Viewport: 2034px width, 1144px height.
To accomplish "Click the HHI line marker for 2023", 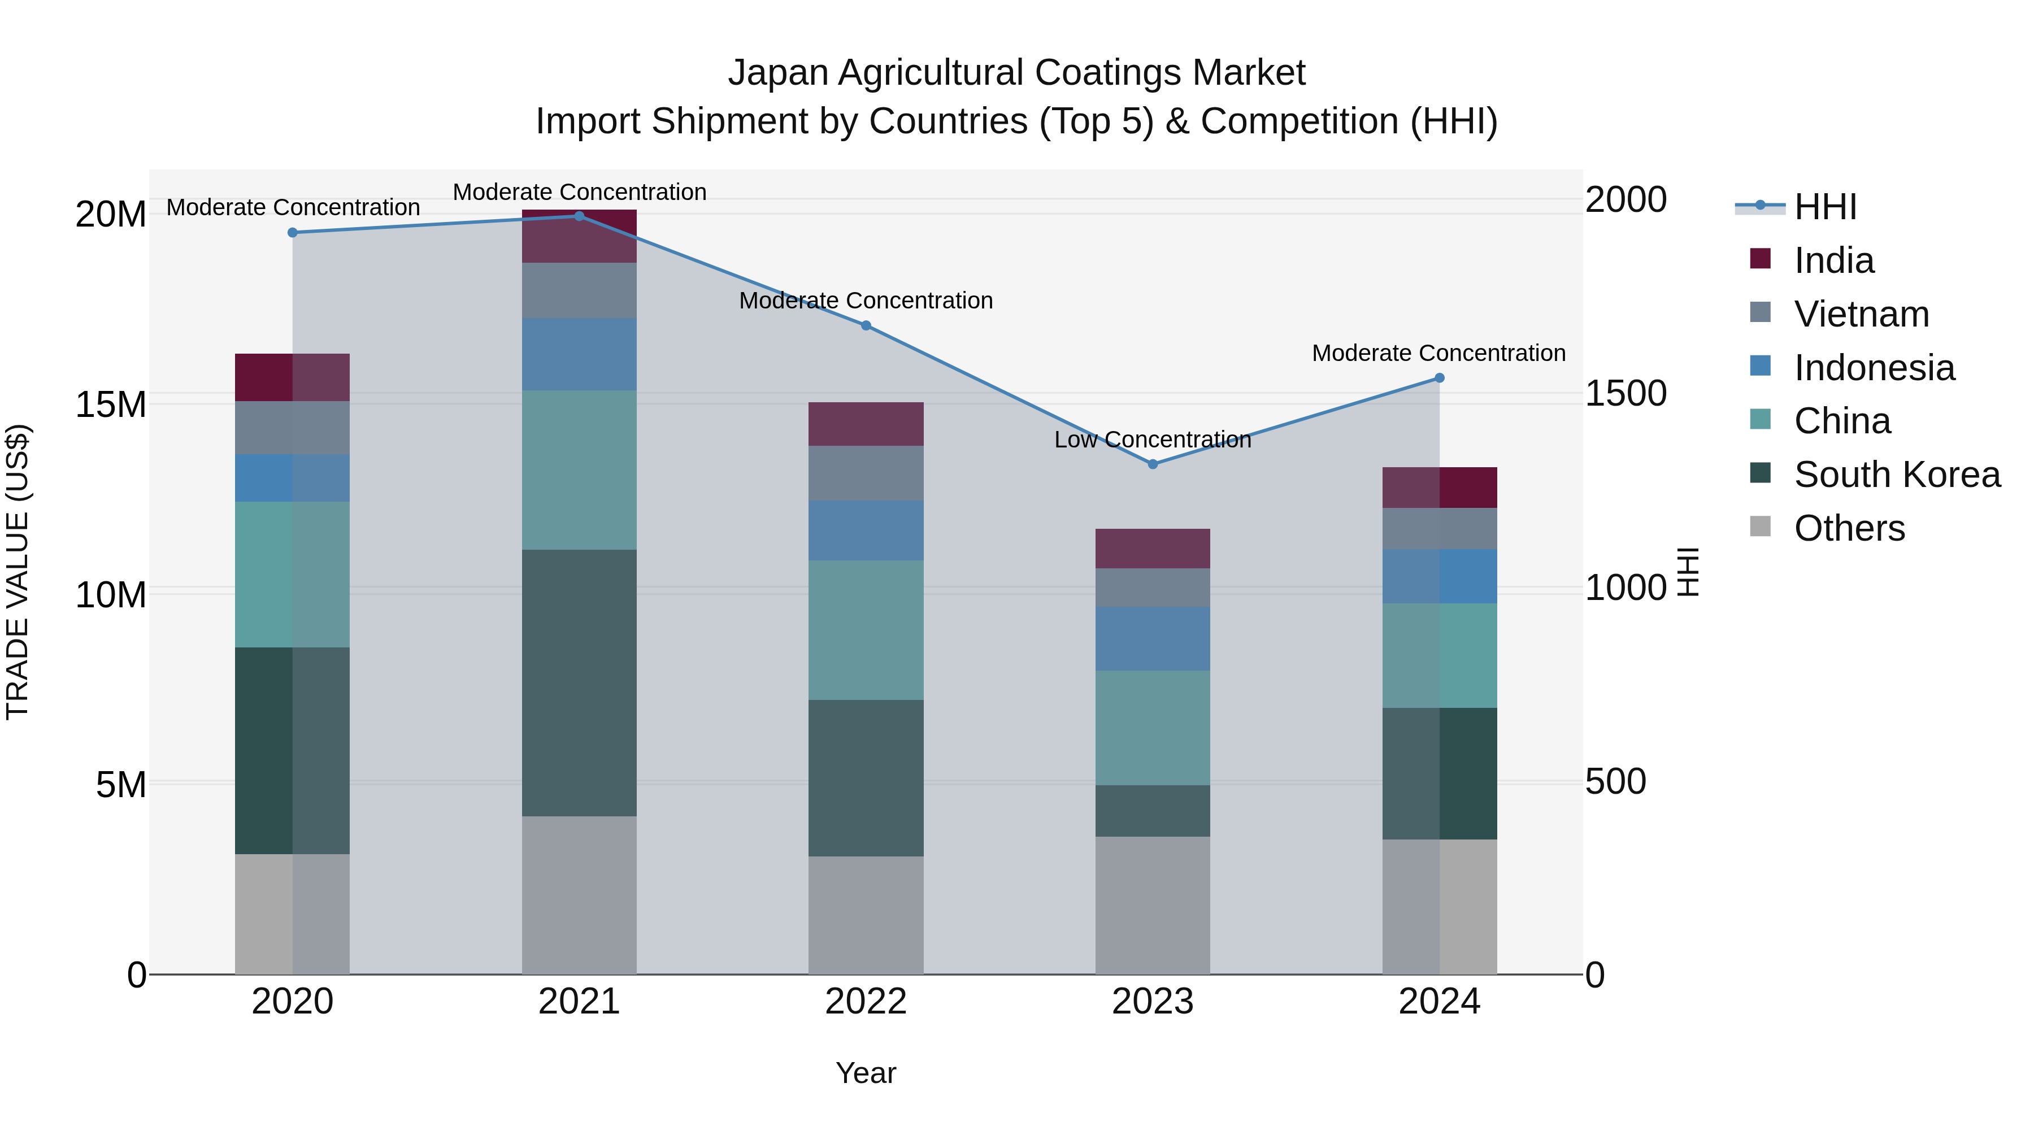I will click(1152, 464).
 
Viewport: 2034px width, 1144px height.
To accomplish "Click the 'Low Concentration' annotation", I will click(1152, 440).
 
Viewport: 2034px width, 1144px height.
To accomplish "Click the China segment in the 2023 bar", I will click(1152, 728).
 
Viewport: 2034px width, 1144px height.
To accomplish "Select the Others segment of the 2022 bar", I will click(866, 916).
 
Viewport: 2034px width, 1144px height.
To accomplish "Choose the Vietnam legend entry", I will click(1861, 314).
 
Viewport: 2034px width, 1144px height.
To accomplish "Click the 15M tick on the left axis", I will click(111, 405).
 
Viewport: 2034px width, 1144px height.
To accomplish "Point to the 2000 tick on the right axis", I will click(1625, 200).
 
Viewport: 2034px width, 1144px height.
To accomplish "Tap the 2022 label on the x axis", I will click(866, 1002).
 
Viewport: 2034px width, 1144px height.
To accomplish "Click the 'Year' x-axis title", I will click(866, 1073).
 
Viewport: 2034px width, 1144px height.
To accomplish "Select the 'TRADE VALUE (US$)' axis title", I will click(18, 572).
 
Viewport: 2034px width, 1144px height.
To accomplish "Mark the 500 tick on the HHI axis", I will click(1615, 782).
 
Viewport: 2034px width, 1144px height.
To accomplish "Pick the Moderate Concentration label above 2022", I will click(866, 301).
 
